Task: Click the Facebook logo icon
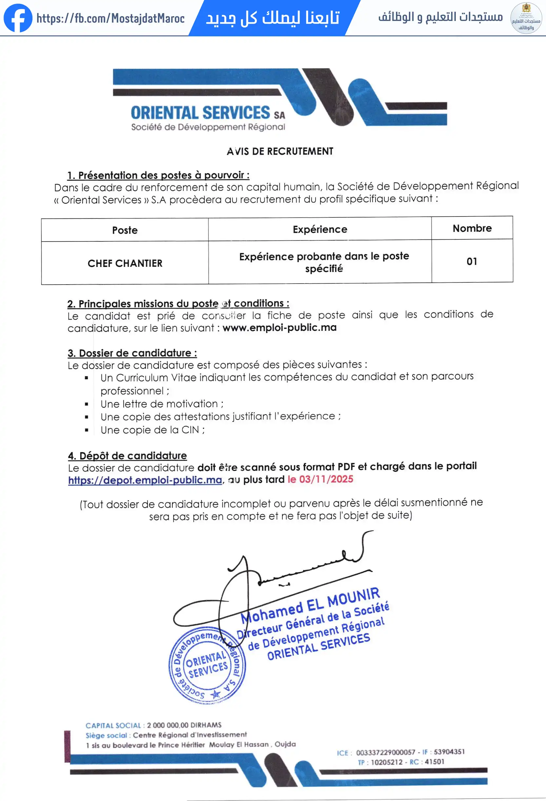pyautogui.click(x=18, y=18)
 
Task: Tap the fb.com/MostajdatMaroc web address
pyautogui.click(x=110, y=18)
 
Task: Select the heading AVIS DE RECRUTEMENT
pyautogui.click(x=280, y=151)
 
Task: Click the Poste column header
pyautogui.click(x=125, y=230)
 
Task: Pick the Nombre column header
pyautogui.click(x=472, y=228)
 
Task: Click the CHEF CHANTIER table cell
pyautogui.click(x=125, y=263)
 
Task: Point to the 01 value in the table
pyautogui.click(x=472, y=261)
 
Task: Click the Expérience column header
pyautogui.click(x=320, y=229)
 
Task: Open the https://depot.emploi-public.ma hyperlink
pyautogui.click(x=145, y=480)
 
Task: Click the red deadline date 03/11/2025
pyautogui.click(x=326, y=479)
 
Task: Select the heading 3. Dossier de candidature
pyautogui.click(x=132, y=353)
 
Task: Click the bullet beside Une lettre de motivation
pyautogui.click(x=87, y=404)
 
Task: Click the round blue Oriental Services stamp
pyautogui.click(x=207, y=665)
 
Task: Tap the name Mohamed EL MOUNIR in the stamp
pyautogui.click(x=310, y=605)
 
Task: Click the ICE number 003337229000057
pyautogui.click(x=385, y=752)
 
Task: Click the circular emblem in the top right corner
pyautogui.click(x=526, y=18)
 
